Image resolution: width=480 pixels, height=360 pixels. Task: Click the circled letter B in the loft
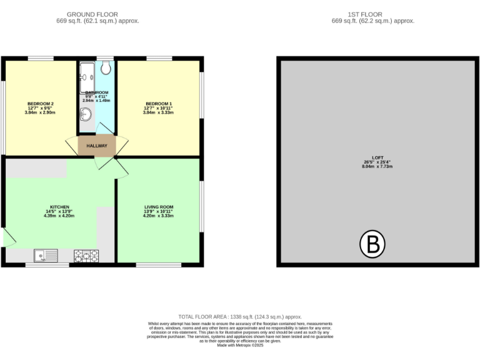point(372,244)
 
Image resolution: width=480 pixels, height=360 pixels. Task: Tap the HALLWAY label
point(97,146)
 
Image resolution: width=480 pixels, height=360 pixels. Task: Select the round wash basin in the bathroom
point(86,114)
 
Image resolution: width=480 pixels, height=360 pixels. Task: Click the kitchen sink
point(46,255)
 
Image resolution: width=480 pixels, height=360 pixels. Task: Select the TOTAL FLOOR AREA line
point(240,317)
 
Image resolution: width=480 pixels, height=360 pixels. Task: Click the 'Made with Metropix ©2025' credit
point(240,345)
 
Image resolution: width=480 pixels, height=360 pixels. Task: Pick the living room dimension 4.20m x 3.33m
point(159,216)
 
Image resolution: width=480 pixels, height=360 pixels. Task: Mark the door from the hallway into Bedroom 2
point(72,146)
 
